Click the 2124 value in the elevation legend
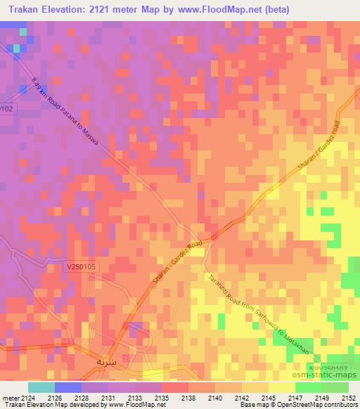coord(28,397)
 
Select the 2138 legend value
coord(188,397)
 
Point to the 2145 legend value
coord(268,397)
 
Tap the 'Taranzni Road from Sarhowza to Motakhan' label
coord(245,306)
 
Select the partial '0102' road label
coord(7,110)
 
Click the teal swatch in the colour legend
coord(41,387)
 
